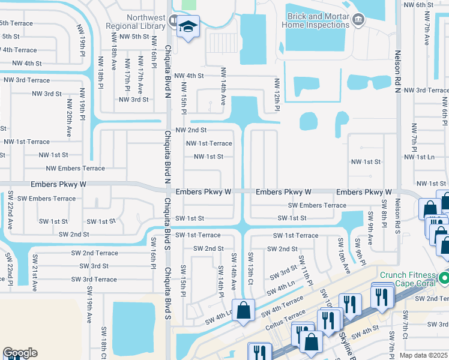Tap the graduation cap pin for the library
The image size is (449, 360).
point(188,26)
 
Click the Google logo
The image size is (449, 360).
point(20,353)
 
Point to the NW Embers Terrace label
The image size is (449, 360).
point(75,169)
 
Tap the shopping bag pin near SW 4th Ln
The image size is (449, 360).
point(243,310)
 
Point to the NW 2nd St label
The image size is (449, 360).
point(191,130)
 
